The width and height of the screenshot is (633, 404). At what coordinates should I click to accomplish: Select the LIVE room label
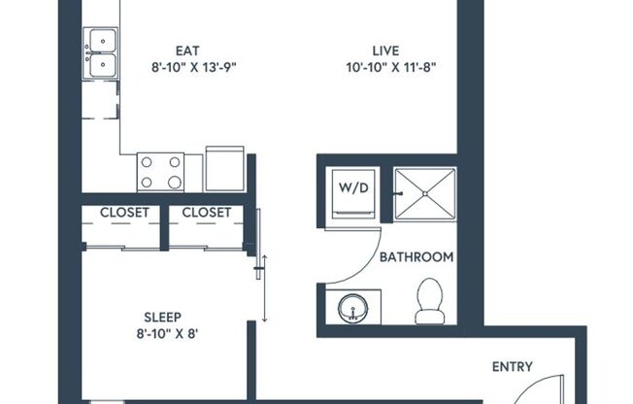pos(385,50)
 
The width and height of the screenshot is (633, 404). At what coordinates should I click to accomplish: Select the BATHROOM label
pos(416,257)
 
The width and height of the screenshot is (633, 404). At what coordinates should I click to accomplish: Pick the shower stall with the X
pos(424,194)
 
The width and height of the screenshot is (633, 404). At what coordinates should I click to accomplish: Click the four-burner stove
pos(160,172)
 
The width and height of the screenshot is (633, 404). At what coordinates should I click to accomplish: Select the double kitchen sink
pos(101,54)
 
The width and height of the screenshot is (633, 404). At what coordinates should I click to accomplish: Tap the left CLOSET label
pos(124,213)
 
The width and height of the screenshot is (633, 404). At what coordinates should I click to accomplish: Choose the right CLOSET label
pos(206,213)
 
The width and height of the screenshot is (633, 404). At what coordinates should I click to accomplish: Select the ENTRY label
pos(512,366)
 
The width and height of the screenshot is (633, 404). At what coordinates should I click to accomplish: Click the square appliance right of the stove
pos(225,169)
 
